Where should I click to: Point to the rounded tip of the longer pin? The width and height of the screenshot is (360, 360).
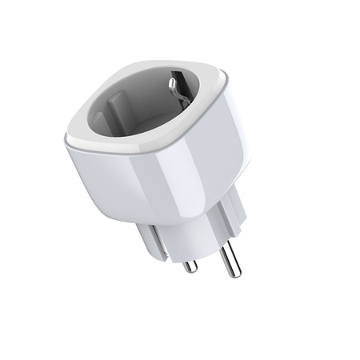[x=230, y=272]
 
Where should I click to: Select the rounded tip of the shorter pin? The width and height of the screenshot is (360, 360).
[x=190, y=268]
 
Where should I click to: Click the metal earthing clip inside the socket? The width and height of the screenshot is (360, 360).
[x=178, y=83]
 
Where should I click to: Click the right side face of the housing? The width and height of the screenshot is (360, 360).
[x=232, y=152]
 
